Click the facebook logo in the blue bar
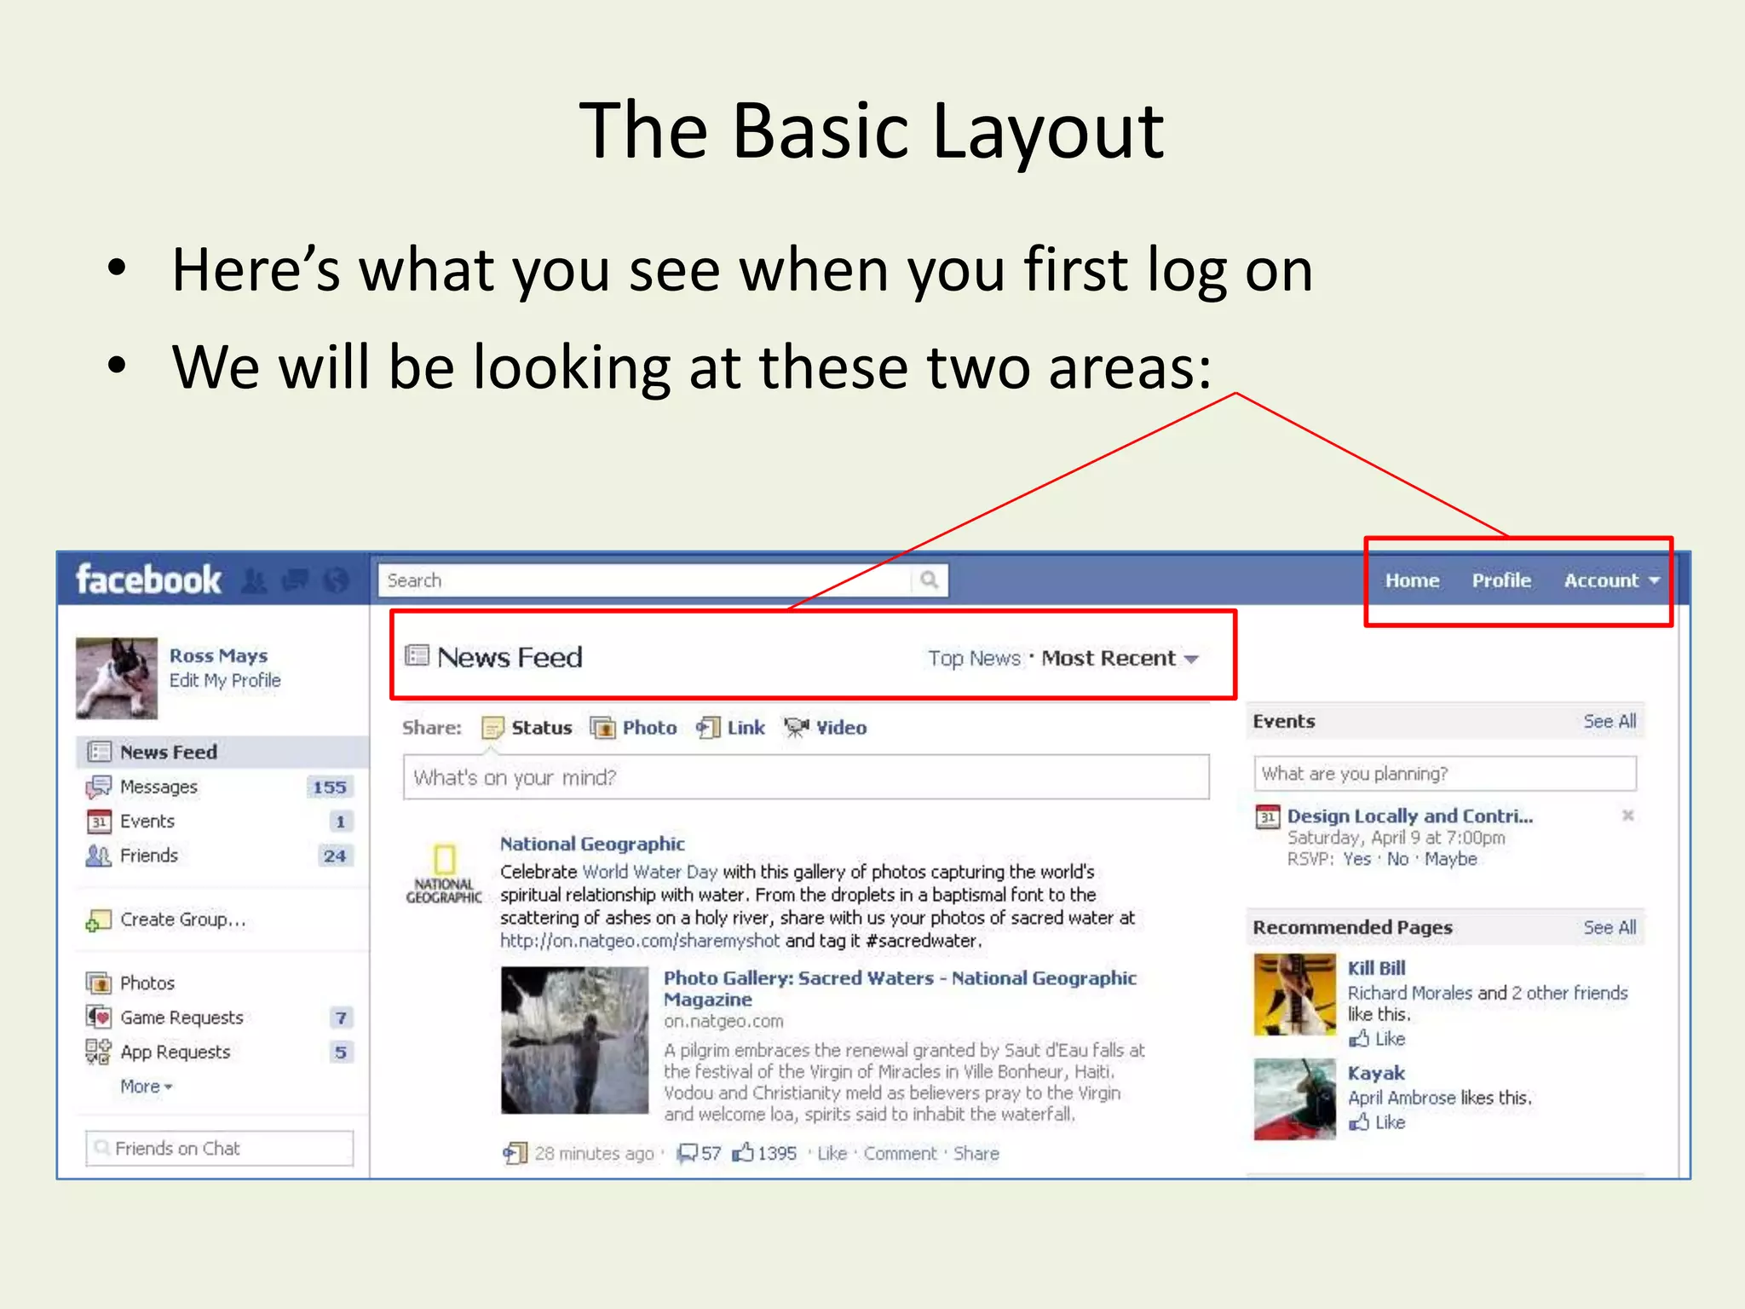148,580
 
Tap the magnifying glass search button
929,580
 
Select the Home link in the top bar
1412,580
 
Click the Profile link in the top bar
1501,580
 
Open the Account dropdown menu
1611,580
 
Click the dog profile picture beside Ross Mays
117,678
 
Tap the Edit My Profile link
225,680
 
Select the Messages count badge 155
329,787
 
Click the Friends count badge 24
334,856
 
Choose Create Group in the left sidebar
182,920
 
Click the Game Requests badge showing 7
341,1018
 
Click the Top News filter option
974,658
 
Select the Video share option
840,728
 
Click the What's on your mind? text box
805,777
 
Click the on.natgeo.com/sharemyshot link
640,941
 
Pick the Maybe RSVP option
1450,859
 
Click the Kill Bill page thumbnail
1294,995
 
